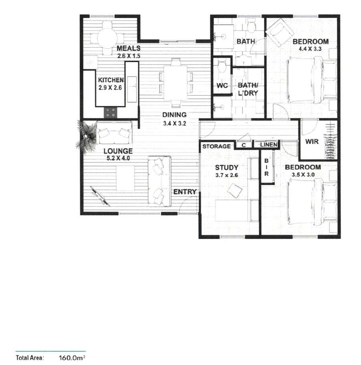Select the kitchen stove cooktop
[x=111, y=112]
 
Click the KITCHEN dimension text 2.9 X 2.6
[x=111, y=87]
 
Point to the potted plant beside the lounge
[x=86, y=134]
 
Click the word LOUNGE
[x=118, y=151]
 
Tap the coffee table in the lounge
[x=125, y=178]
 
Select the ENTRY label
[x=185, y=192]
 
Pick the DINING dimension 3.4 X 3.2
[x=174, y=123]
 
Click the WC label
[x=222, y=86]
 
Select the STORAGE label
[x=216, y=146]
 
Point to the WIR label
[x=312, y=142]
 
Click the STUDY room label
[x=226, y=167]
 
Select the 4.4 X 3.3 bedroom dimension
[x=311, y=49]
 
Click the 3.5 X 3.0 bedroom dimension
[x=303, y=174]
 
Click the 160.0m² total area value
[x=73, y=357]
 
